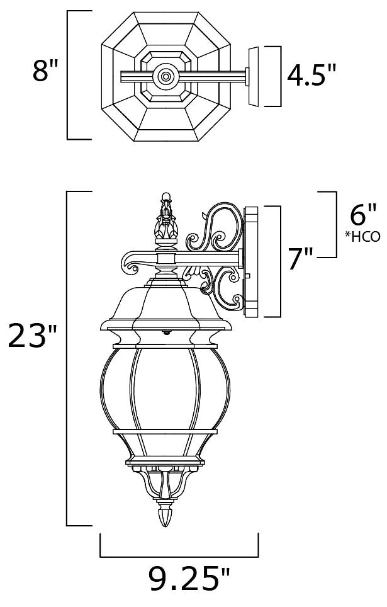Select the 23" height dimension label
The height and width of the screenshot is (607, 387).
(x=33, y=336)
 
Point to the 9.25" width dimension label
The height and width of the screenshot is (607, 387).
(x=189, y=579)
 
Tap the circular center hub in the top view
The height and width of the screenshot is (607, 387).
(x=165, y=76)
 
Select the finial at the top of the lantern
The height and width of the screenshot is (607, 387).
(x=166, y=217)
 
